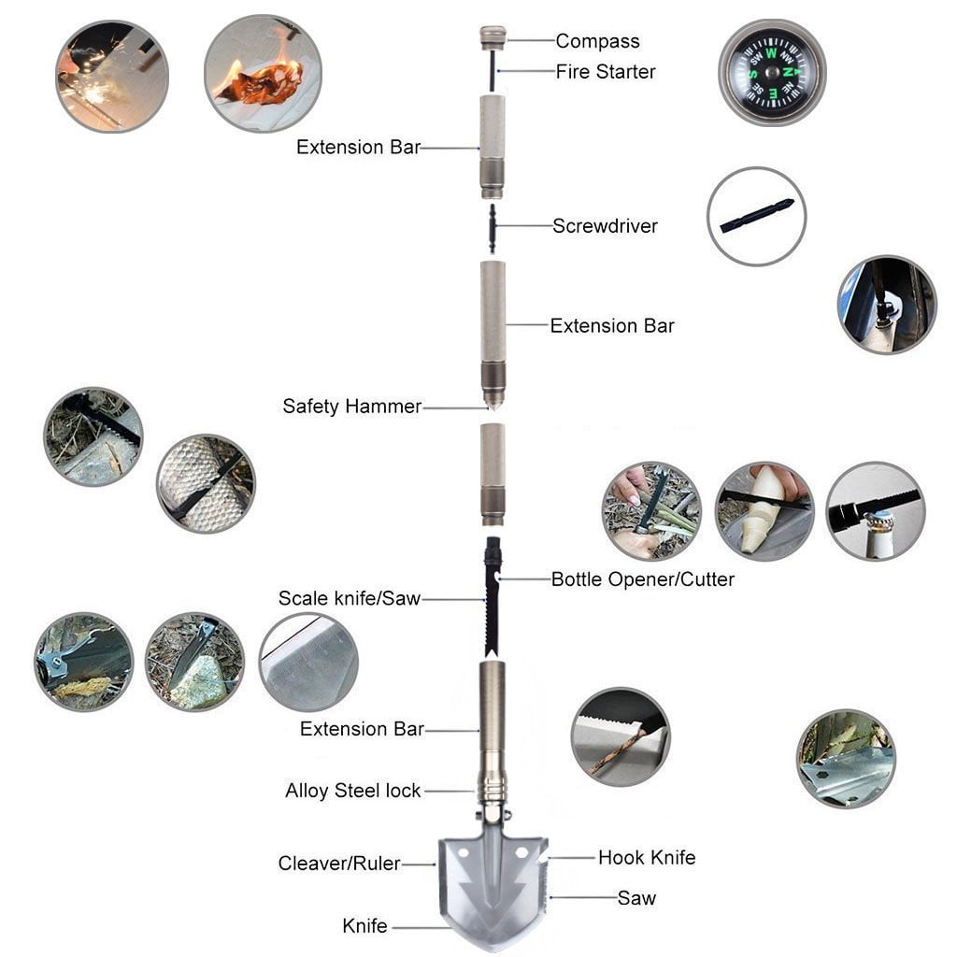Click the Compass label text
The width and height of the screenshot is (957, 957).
[x=597, y=41]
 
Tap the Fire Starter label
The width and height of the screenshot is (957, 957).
[x=605, y=72]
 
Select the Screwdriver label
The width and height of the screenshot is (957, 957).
[x=605, y=226]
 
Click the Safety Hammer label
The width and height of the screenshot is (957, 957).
[x=351, y=407]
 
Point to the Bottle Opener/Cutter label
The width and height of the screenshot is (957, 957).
[x=642, y=579]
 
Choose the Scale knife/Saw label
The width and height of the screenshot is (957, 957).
[x=349, y=598]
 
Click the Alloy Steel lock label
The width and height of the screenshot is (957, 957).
[x=353, y=791]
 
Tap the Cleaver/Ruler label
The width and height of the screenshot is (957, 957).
[x=338, y=864]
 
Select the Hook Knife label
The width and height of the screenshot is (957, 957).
[x=647, y=857]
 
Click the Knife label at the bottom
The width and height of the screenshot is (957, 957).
[x=364, y=926]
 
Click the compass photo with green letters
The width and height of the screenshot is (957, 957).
[x=772, y=72]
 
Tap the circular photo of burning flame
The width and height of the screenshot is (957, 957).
[x=263, y=73]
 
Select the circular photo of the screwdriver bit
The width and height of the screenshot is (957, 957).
[x=756, y=216]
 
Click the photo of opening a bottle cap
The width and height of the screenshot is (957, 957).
[x=875, y=511]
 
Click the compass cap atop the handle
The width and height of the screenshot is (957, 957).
[x=493, y=38]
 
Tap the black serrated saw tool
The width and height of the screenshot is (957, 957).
[x=492, y=598]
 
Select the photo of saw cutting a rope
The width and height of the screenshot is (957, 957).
[x=620, y=737]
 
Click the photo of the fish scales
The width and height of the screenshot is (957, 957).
[x=205, y=483]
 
